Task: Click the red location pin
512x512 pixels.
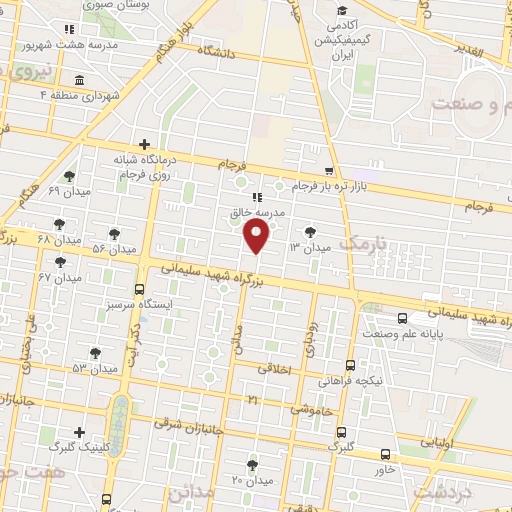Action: click(258, 237)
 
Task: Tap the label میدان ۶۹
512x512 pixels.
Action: click(41, 189)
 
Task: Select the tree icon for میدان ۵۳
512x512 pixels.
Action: click(95, 352)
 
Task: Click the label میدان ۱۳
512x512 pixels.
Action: click(309, 246)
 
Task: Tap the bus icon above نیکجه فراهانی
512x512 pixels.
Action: click(349, 365)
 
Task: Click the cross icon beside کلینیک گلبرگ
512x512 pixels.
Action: click(78, 432)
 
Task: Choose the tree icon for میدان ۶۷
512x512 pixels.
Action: click(60, 262)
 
